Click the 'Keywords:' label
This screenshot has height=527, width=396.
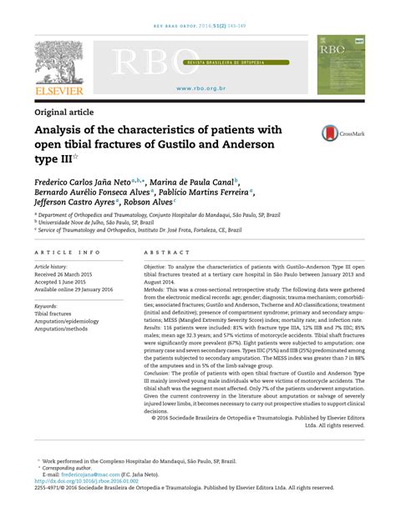[x=51, y=308]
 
